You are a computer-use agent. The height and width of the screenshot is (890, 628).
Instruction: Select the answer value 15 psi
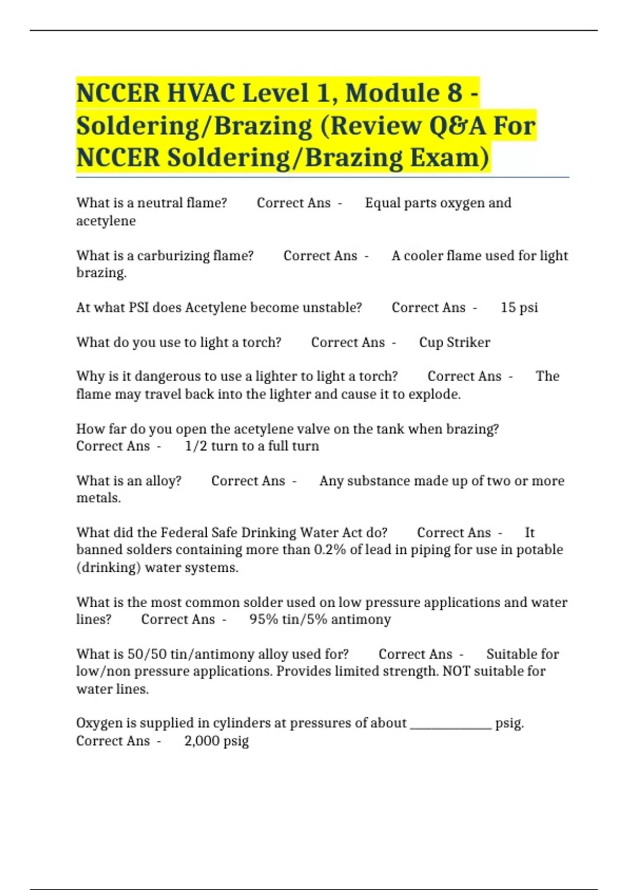point(519,307)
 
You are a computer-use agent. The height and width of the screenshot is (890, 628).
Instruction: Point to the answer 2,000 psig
point(216,741)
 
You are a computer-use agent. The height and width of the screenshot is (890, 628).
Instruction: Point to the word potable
point(540,550)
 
